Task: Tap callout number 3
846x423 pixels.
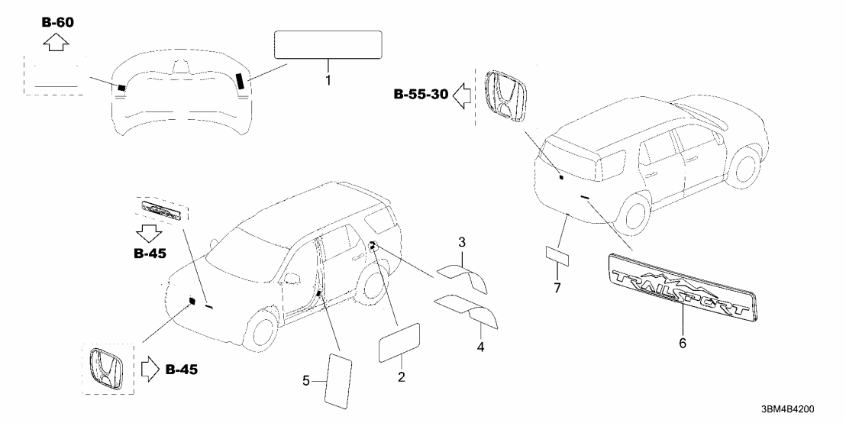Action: [x=462, y=243]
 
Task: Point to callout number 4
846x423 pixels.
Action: [x=481, y=334]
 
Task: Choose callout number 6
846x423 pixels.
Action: [x=682, y=343]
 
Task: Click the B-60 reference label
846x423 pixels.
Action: [x=58, y=22]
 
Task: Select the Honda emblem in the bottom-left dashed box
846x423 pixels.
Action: [x=108, y=370]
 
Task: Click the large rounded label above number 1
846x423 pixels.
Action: [x=328, y=44]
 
